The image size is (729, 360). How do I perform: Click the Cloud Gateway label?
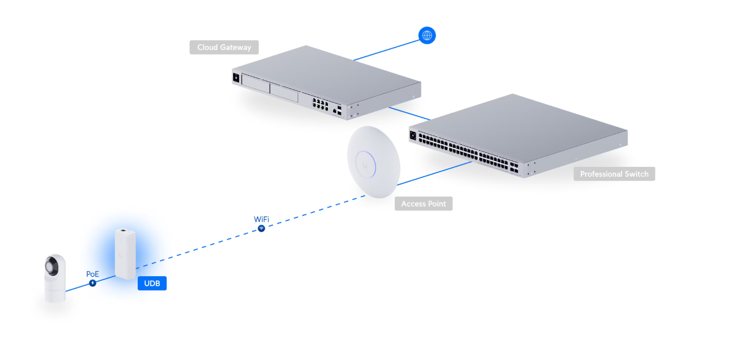pos(224,47)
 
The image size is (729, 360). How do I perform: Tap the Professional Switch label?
pos(614,174)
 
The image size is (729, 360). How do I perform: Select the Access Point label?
pos(423,204)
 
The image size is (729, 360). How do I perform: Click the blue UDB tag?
pos(152,283)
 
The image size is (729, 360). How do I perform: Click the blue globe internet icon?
pos(427,35)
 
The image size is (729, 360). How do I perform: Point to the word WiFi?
pos(262,219)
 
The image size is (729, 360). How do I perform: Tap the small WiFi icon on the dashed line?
pos(262,229)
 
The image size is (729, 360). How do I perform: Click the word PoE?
pos(92,273)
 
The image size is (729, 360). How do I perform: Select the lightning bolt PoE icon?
pos(92,283)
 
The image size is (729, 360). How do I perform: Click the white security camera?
pos(55,278)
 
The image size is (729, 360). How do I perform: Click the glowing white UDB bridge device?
pos(125,254)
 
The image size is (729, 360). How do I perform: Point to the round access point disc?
pos(373,163)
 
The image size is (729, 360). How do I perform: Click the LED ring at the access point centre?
pos(368,162)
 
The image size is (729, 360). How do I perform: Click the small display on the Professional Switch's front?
pos(413,136)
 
